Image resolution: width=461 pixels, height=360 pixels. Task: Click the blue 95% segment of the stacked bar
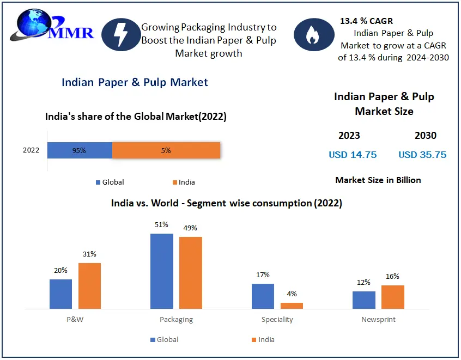coord(80,150)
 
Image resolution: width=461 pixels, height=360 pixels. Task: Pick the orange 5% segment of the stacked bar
coord(166,150)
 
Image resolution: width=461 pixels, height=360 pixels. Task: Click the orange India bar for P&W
coord(89,286)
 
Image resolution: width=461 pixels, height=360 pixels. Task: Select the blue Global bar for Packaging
coord(161,271)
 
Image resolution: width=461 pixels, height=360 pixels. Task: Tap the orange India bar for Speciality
coord(292,306)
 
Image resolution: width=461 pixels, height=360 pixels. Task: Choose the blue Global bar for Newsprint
coord(363,300)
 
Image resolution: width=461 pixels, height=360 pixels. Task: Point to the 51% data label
coord(161,224)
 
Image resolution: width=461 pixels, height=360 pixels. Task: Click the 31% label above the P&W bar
coord(89,254)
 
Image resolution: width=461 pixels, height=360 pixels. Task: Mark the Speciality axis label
coord(277,320)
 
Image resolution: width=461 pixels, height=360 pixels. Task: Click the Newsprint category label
coord(378,320)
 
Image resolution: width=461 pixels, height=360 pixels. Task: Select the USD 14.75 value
coord(353,155)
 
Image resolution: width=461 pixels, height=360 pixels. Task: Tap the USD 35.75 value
coord(422,155)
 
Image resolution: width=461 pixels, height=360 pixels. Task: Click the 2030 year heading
coord(425,136)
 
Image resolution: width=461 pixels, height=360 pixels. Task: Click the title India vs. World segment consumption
coord(226,203)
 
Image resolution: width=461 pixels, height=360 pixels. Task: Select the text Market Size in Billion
coord(378,180)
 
